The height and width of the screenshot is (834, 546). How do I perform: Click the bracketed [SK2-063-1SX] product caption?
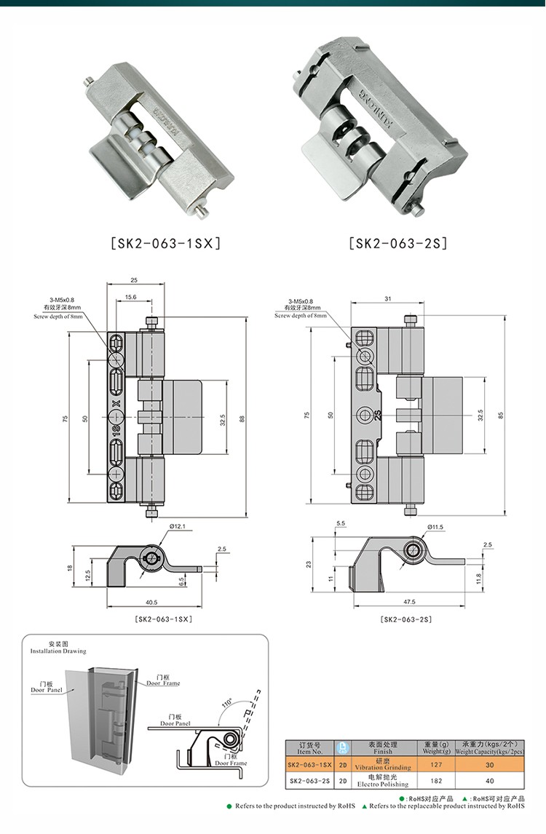click(164, 243)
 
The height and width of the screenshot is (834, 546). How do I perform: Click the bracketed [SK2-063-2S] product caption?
click(397, 243)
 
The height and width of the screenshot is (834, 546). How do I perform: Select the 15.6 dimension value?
click(130, 298)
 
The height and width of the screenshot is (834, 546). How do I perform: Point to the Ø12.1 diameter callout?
click(179, 526)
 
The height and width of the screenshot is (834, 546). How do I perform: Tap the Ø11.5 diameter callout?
click(436, 526)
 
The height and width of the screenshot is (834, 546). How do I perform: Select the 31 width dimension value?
click(387, 298)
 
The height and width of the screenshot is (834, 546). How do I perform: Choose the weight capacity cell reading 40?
click(488, 782)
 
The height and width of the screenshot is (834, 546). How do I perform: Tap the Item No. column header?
click(309, 748)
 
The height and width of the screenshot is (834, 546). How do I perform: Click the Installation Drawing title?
click(58, 648)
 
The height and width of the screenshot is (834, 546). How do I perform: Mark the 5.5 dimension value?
click(341, 524)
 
